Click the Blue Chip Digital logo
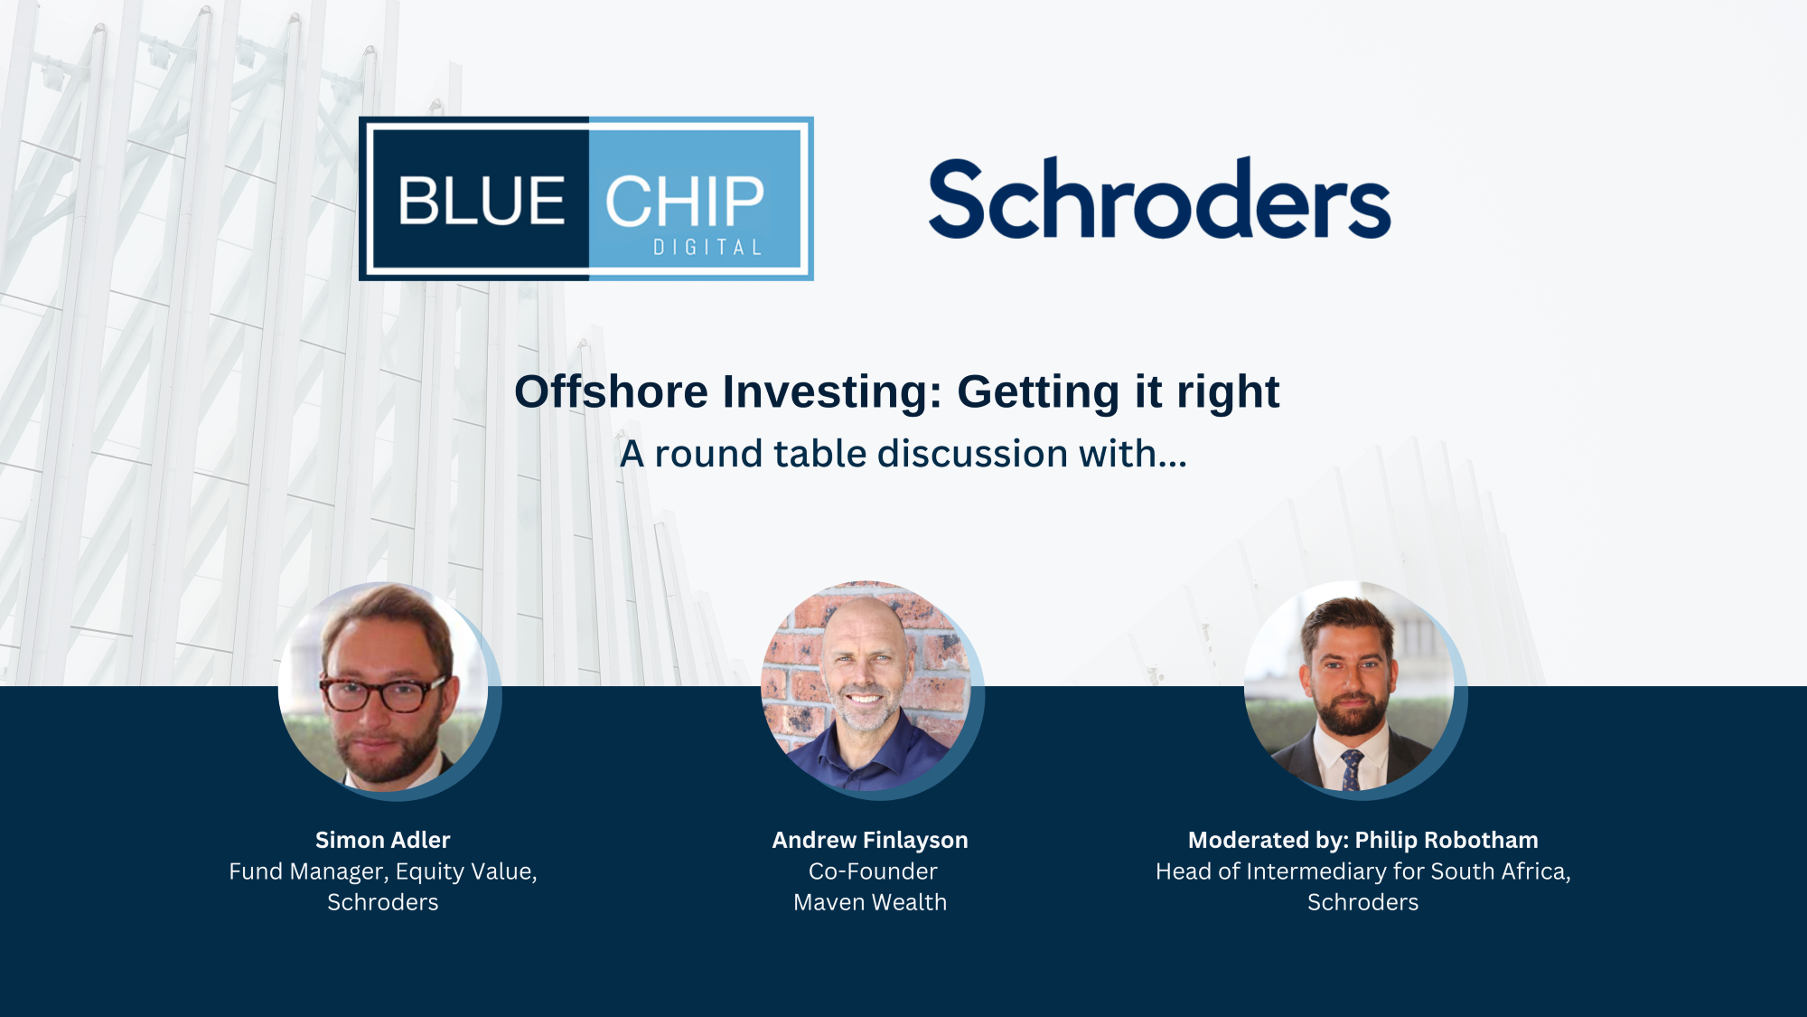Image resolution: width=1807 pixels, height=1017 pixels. (585, 198)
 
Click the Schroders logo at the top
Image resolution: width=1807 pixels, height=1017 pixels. (1159, 200)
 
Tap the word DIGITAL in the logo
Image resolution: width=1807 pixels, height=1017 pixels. (707, 248)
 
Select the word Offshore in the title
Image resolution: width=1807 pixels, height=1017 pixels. (611, 392)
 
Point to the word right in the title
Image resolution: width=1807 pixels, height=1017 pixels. (1227, 392)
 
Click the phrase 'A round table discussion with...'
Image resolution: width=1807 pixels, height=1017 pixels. (903, 454)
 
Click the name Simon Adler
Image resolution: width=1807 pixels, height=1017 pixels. (382, 840)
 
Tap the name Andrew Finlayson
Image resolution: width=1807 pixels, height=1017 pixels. (869, 840)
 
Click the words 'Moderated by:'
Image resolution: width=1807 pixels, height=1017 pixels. (1268, 840)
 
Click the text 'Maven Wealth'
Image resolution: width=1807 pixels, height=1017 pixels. (869, 902)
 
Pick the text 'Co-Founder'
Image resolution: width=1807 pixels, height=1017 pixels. (873, 871)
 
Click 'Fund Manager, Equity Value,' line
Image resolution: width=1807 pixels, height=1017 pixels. (382, 871)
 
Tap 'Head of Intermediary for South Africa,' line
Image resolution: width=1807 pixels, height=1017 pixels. (1362, 871)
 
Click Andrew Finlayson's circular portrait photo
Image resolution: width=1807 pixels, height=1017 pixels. (866, 687)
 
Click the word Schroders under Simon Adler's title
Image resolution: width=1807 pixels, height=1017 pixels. (382, 902)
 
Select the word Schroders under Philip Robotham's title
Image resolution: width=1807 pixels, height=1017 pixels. (1362, 902)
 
